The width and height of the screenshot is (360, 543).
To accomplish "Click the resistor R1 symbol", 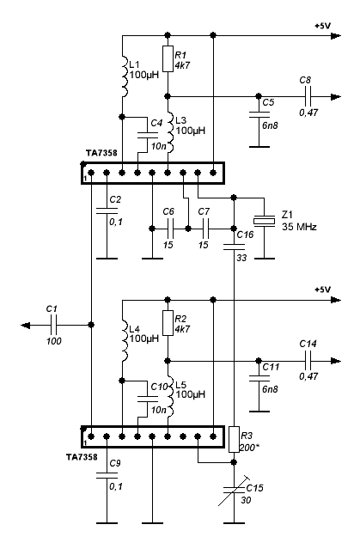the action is click(x=168, y=59).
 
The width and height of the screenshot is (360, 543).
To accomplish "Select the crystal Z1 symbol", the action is click(x=264, y=221).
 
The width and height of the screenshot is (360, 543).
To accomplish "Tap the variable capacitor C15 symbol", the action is click(x=234, y=490).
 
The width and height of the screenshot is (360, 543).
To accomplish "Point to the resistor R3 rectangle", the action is click(x=234, y=439).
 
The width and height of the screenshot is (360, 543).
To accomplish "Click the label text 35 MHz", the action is click(x=299, y=227).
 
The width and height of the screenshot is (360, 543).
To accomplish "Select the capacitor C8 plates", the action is click(x=308, y=96).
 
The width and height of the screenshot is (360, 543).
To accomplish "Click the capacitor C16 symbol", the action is click(x=234, y=247).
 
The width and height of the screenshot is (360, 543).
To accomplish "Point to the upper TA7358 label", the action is click(x=101, y=153).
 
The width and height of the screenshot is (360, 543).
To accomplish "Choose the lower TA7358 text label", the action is click(x=82, y=457).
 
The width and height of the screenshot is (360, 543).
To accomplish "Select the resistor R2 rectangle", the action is click(x=168, y=323).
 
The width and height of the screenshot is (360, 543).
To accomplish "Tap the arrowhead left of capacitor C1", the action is click(x=26, y=325).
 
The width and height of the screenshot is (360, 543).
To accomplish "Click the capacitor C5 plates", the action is click(x=259, y=114).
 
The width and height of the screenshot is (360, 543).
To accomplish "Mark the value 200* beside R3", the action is click(x=249, y=448).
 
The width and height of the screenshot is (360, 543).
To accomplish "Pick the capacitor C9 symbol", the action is click(x=107, y=475).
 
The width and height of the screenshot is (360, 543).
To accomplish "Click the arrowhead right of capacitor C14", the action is click(x=336, y=361).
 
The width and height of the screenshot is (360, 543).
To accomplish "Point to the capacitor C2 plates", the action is click(x=107, y=210).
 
